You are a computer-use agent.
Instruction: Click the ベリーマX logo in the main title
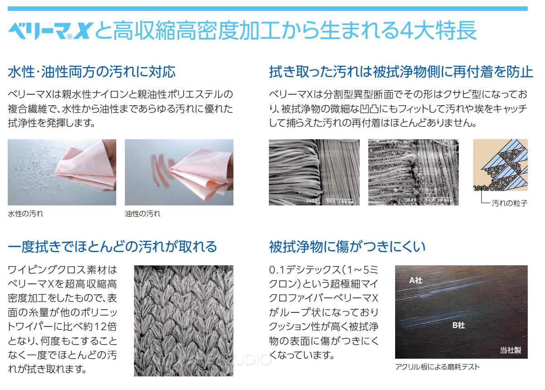(50, 32)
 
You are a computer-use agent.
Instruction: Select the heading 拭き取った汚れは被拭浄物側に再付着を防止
(401, 72)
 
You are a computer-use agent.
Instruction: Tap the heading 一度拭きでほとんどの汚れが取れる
(112, 247)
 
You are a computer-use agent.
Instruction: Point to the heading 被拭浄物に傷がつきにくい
(347, 247)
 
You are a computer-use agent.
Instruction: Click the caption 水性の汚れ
(25, 214)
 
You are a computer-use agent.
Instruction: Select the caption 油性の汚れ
(143, 214)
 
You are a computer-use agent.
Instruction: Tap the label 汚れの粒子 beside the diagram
(510, 204)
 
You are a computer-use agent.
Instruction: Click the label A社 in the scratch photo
(416, 281)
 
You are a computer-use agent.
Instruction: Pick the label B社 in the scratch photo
(458, 326)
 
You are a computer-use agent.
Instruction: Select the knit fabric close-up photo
(183, 320)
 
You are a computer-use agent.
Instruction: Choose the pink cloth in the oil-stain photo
(202, 168)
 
